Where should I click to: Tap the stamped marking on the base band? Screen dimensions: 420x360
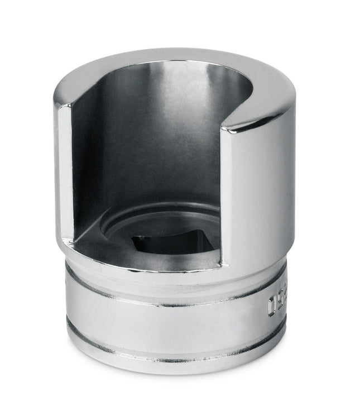(276, 304)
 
